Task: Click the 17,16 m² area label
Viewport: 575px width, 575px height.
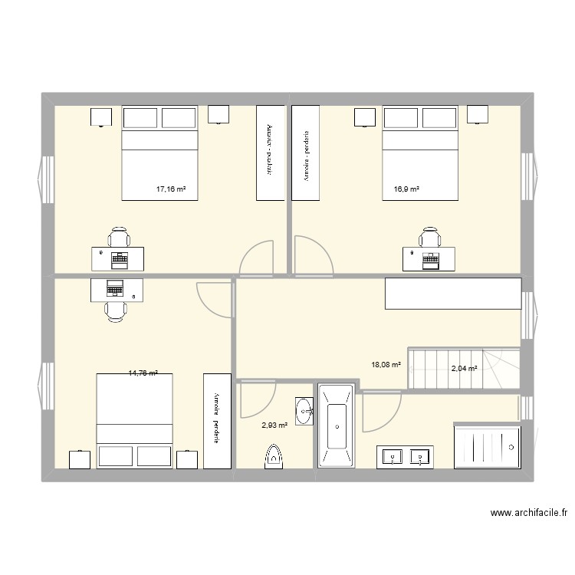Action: coord(171,188)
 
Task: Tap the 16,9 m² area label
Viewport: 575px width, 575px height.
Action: coord(406,188)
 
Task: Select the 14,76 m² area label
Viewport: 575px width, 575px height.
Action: coord(143,373)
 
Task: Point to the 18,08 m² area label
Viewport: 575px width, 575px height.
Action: coord(386,365)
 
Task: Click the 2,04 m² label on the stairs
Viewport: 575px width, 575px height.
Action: coord(464,369)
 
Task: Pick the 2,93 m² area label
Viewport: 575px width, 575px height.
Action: coord(274,425)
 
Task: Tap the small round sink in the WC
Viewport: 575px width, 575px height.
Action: coord(304,410)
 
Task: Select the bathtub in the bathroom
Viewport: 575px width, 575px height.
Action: coord(335,427)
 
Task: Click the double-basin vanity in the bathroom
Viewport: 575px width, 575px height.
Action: coord(405,457)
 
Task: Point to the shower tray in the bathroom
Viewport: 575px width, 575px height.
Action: coord(488,445)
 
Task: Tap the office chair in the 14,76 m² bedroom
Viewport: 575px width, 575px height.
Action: coord(115,309)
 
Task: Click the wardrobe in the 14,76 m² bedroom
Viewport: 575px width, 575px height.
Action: coord(217,420)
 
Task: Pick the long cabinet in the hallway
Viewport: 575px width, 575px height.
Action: coord(453,294)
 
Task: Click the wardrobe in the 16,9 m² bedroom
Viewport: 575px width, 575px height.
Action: coord(306,153)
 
